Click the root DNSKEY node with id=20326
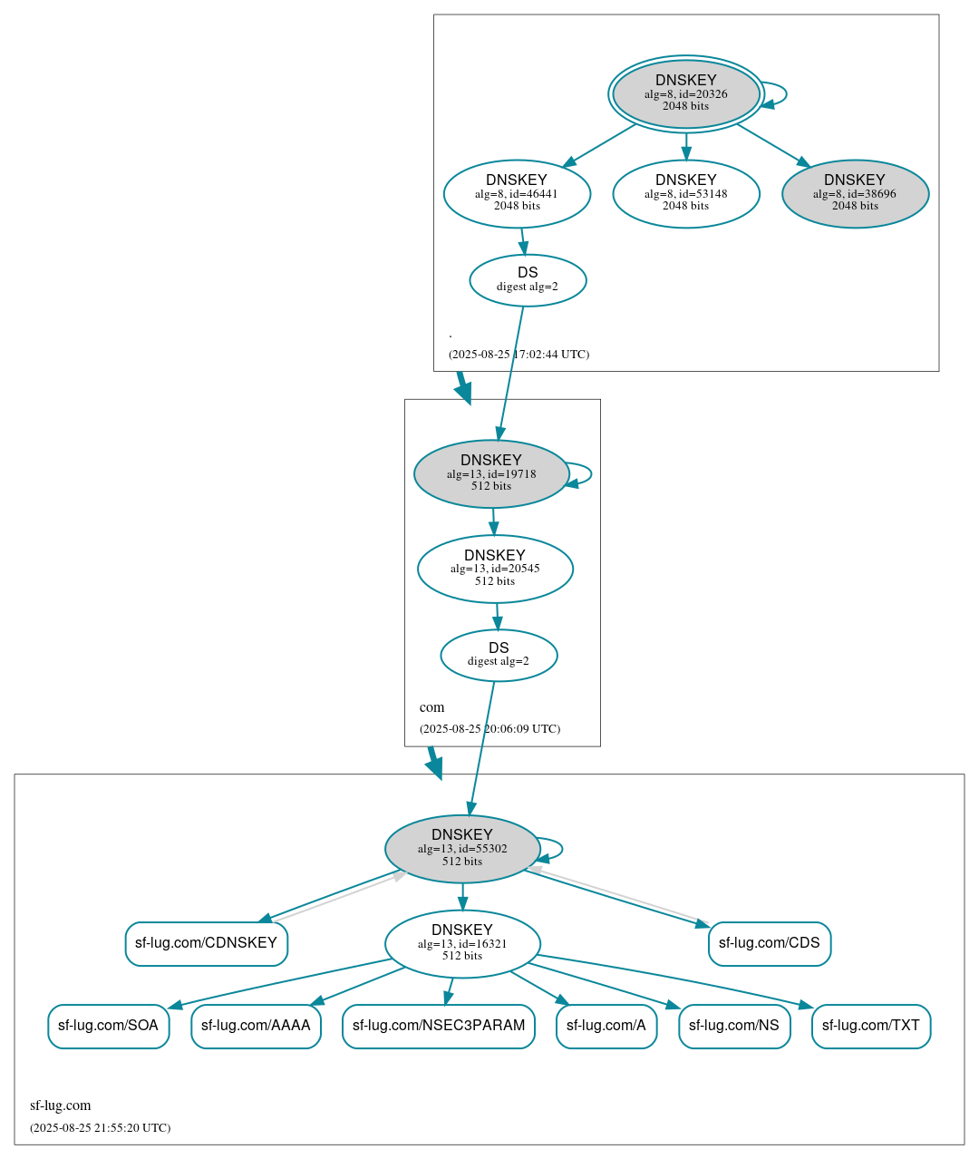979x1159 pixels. pos(685,93)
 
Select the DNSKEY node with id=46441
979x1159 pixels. pos(517,193)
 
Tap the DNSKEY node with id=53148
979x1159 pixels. pos(685,193)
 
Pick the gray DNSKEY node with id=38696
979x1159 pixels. pos(855,193)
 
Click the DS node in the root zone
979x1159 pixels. pos(528,280)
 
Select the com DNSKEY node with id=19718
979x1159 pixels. pos(491,473)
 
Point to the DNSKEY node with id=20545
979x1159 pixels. pos(495,569)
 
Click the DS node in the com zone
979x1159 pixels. pos(499,655)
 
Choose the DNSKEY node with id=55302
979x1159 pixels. pos(462,849)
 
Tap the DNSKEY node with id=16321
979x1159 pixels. pos(462,943)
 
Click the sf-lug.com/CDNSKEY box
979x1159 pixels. pos(206,943)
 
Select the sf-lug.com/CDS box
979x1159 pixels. pos(769,943)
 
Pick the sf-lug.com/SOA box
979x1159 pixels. pos(108,1026)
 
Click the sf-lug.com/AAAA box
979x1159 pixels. pos(256,1026)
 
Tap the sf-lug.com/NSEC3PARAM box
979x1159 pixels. pos(439,1026)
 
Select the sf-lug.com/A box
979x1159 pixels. pos(606,1026)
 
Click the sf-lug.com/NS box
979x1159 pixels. pos(734,1026)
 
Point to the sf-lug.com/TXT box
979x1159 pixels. pos(870,1026)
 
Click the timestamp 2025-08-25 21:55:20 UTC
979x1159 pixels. pos(100,1128)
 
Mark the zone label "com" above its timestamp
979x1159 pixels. pos(431,707)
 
